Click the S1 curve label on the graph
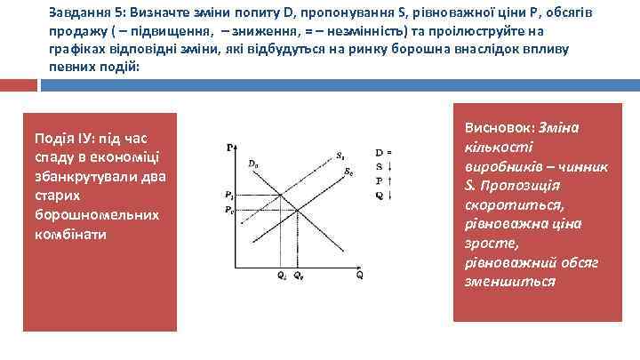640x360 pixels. (x=340, y=156)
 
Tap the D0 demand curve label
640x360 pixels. (x=254, y=164)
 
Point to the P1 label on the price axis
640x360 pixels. (x=229, y=196)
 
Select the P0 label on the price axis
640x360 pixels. (x=229, y=211)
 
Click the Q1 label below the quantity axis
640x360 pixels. (x=281, y=276)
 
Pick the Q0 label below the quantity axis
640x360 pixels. (x=298, y=276)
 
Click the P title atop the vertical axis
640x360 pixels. (x=230, y=147)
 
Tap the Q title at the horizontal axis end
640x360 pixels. (x=359, y=276)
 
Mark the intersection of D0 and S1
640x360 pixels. (x=282, y=196)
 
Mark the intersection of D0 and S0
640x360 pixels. (x=297, y=210)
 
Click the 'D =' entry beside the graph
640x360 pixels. (x=383, y=153)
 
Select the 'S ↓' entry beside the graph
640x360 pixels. (x=383, y=166)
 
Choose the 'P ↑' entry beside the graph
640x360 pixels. (x=383, y=180)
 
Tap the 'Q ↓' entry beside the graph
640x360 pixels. (x=383, y=195)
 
